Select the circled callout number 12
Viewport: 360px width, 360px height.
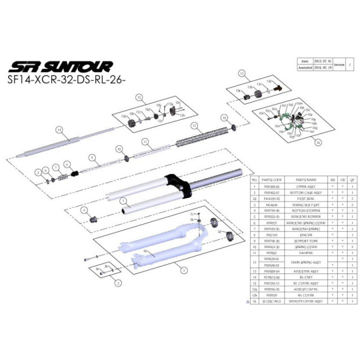coord(195,125)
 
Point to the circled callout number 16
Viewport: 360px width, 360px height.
coord(318,141)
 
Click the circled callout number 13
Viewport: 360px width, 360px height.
coord(242,73)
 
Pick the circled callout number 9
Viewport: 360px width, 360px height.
coord(92,157)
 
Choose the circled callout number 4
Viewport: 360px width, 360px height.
coord(85,210)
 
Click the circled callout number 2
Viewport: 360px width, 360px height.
coord(184,270)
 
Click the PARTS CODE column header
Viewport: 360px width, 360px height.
coord(272,180)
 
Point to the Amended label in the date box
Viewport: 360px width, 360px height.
coord(305,67)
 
